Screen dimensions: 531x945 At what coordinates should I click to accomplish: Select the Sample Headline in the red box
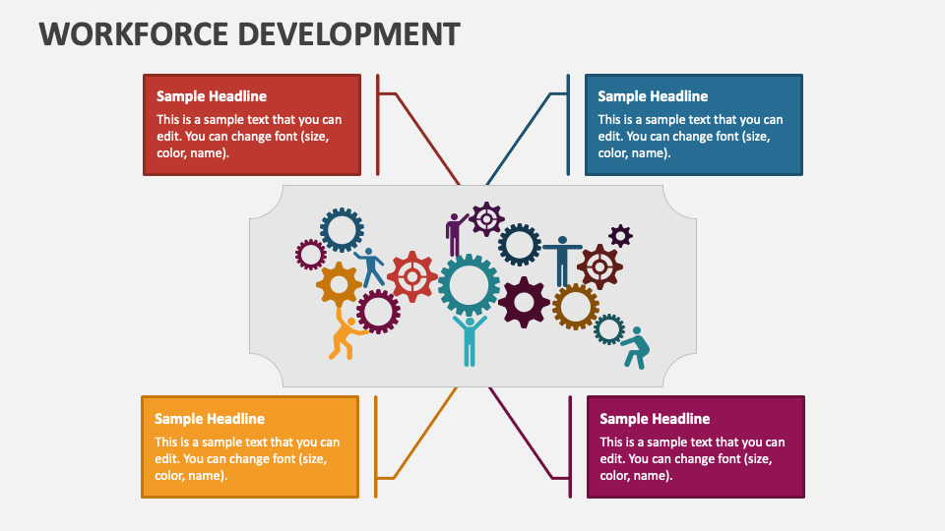(x=212, y=96)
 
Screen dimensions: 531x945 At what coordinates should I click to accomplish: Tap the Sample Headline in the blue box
(x=653, y=96)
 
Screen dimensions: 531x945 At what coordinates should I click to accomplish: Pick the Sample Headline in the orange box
(x=210, y=419)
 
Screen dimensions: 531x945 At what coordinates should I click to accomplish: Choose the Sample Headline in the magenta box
(x=655, y=419)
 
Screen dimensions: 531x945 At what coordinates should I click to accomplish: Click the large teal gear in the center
(x=469, y=284)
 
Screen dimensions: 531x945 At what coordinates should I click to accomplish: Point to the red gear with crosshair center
(x=411, y=276)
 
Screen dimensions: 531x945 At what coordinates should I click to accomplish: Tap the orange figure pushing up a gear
(x=346, y=335)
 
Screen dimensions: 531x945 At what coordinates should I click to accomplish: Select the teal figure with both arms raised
(x=470, y=337)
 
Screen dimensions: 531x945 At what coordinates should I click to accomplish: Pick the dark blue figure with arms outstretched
(x=562, y=259)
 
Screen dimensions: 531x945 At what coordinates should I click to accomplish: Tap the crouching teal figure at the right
(x=636, y=347)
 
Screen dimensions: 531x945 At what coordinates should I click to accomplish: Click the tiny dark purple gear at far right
(x=620, y=236)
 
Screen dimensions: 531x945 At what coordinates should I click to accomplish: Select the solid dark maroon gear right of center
(x=524, y=302)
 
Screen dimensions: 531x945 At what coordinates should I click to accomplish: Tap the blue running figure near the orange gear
(x=371, y=266)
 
